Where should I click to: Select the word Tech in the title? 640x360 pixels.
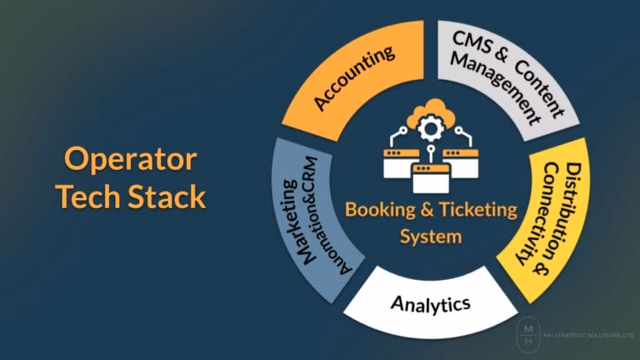tap(91, 197)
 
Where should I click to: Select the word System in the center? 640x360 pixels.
tap(431, 236)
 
